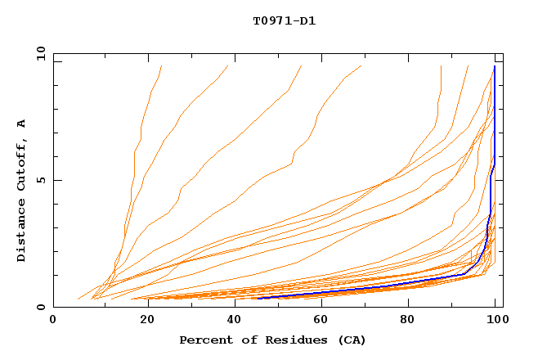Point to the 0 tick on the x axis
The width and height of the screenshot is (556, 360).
[x=53, y=320]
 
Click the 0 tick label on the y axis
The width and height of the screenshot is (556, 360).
[x=40, y=308]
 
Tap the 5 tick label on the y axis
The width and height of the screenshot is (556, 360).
[x=40, y=180]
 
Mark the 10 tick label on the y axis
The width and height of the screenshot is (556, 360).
[x=37, y=53]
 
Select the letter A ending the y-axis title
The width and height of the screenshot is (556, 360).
[x=22, y=123]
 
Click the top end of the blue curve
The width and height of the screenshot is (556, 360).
[x=495, y=66]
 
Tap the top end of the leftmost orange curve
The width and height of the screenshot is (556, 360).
[x=162, y=66]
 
